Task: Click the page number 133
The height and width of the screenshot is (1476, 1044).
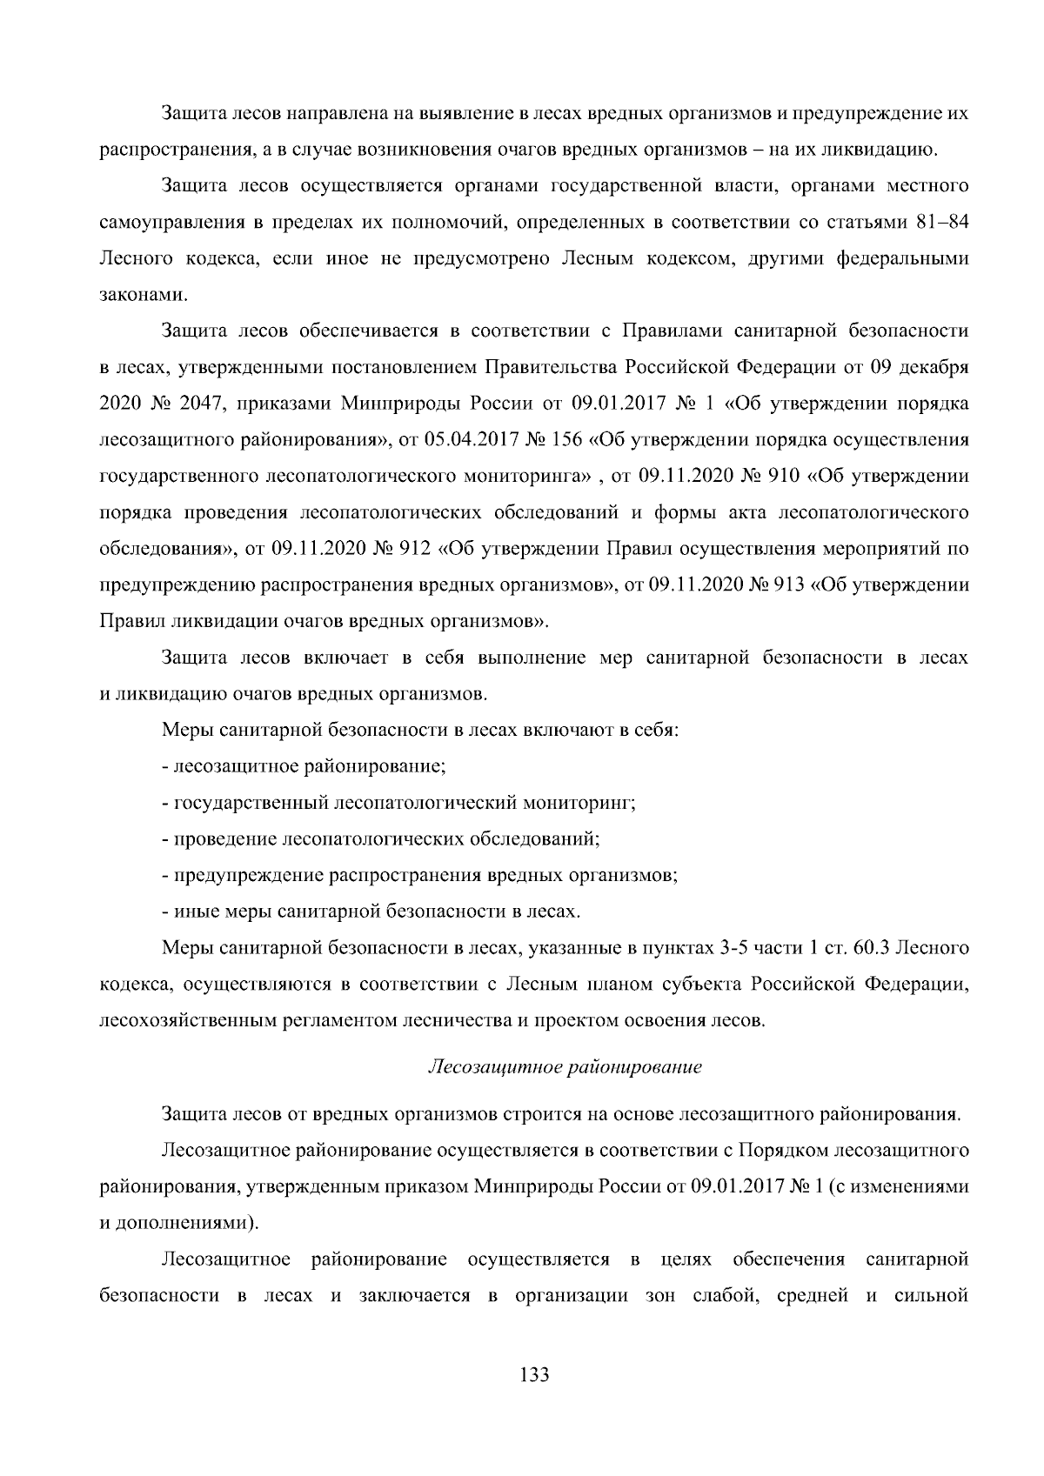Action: coord(533,1375)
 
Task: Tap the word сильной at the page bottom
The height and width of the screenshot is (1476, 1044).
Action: coord(930,1296)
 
